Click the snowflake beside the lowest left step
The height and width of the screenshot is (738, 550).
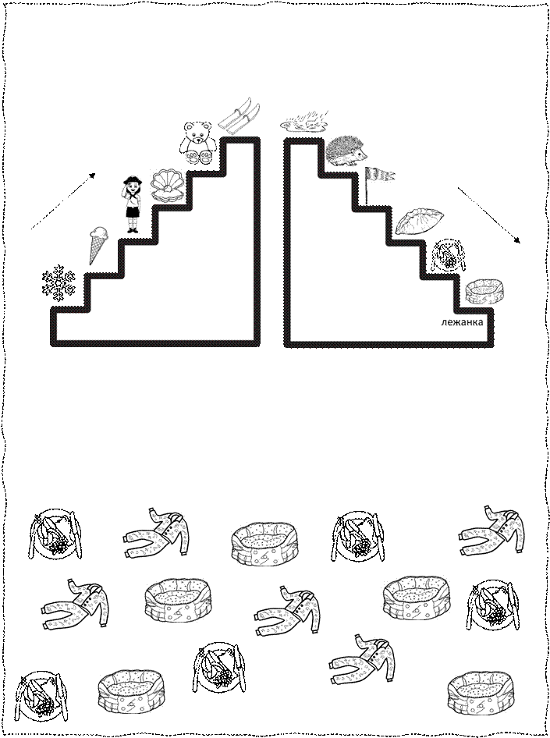click(59, 282)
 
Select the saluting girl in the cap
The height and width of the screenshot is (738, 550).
click(133, 204)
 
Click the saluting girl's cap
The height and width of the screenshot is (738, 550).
click(133, 179)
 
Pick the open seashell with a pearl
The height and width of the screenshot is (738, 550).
click(168, 186)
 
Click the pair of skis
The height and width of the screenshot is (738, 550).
click(240, 116)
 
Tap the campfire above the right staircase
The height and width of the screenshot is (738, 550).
click(304, 122)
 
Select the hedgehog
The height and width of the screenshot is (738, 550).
click(348, 151)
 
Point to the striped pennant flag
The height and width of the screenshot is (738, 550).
click(381, 174)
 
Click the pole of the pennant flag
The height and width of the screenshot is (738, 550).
click(367, 186)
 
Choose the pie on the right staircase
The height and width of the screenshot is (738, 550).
click(419, 222)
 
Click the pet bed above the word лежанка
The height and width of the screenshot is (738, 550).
click(484, 292)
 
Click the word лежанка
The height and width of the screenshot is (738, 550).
click(462, 322)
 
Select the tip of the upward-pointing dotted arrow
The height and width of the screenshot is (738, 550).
click(95, 174)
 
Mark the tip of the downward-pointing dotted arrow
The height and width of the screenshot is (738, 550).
click(520, 243)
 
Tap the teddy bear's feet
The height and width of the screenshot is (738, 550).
click(198, 157)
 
